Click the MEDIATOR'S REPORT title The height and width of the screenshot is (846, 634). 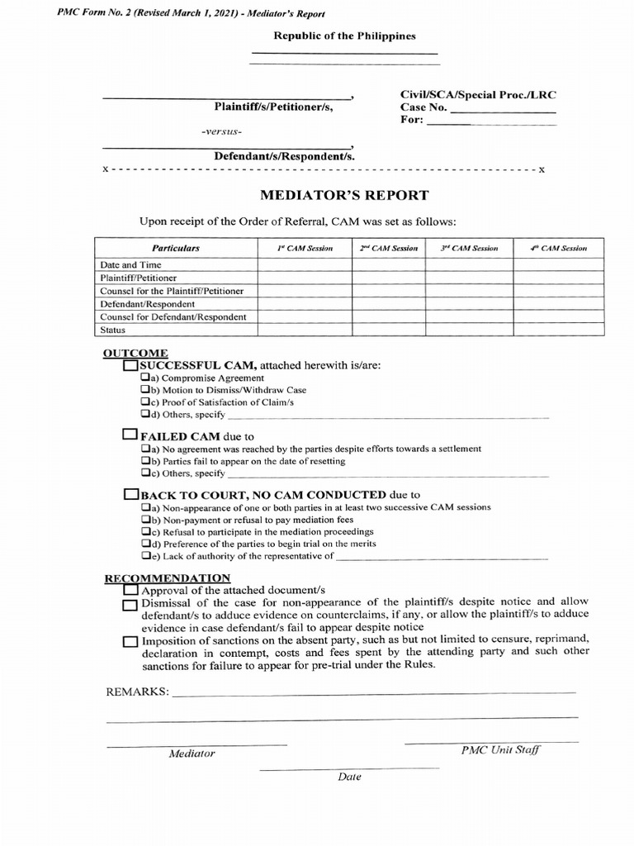coord(344,196)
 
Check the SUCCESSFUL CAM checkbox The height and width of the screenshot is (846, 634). coord(130,365)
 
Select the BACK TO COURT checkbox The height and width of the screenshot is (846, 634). coord(130,494)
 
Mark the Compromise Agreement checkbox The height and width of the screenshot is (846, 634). coord(144,378)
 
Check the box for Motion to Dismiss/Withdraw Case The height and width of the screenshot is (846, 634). coord(144,389)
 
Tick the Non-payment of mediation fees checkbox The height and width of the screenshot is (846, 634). coord(144,519)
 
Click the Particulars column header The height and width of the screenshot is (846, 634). coord(176,248)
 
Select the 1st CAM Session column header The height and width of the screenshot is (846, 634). coord(305,248)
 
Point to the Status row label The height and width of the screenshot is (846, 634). coord(112,330)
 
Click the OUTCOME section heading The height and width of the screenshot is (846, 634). coord(124,354)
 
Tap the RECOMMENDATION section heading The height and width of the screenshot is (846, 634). coord(167,578)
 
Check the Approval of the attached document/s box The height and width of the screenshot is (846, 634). coord(130,592)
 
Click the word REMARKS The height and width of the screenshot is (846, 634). coord(136,692)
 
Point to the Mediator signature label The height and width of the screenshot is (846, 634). coord(192,753)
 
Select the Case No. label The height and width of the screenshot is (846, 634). coord(423,107)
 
